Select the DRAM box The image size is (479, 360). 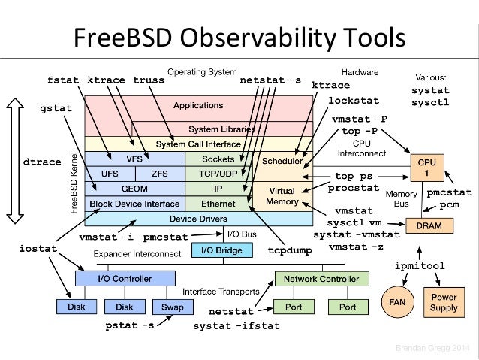tap(425, 225)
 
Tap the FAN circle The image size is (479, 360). tap(397, 301)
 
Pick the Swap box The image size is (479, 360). tap(167, 307)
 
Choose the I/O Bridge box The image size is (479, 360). tap(218, 250)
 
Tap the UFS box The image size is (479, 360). tap(110, 174)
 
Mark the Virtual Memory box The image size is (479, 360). tap(282, 196)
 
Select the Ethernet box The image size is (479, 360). tap(218, 204)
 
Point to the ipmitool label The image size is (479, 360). tap(420, 267)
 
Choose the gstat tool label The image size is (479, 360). tap(56, 108)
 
